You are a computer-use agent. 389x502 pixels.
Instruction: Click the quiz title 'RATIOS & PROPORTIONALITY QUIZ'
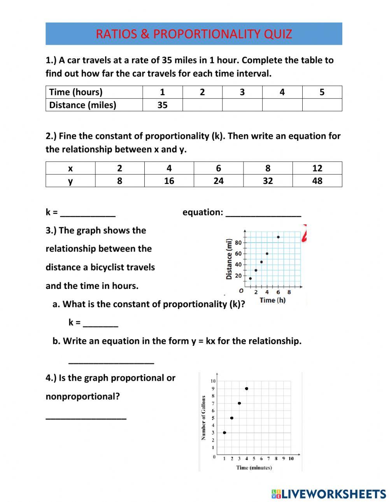(194, 34)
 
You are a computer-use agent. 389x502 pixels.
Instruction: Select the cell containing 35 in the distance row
(162, 105)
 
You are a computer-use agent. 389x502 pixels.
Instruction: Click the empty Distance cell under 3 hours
(242, 105)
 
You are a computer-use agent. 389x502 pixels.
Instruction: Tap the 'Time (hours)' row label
(76, 92)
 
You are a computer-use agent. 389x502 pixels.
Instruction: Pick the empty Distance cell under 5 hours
(322, 105)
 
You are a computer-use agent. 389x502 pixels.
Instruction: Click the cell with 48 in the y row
(317, 181)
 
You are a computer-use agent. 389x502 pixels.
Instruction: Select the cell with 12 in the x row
(317, 168)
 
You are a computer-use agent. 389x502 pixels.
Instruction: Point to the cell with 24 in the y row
(218, 181)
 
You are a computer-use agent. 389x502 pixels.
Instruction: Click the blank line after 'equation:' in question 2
(263, 213)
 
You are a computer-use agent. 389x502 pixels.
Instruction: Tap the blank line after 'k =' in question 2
(88, 213)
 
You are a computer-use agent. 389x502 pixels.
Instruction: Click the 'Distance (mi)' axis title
(229, 259)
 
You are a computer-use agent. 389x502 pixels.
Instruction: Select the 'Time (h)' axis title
(272, 300)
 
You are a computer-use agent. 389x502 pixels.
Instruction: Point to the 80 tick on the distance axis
(238, 243)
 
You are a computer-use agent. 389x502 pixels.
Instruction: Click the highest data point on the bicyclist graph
(278, 237)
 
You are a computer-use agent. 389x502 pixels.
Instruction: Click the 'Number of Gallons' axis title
(203, 418)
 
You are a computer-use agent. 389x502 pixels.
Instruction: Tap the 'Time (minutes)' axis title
(254, 467)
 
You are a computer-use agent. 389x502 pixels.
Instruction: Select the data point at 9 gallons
(247, 388)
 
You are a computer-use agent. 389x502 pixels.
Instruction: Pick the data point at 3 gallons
(224, 432)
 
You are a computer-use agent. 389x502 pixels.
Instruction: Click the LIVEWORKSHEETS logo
(329, 494)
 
